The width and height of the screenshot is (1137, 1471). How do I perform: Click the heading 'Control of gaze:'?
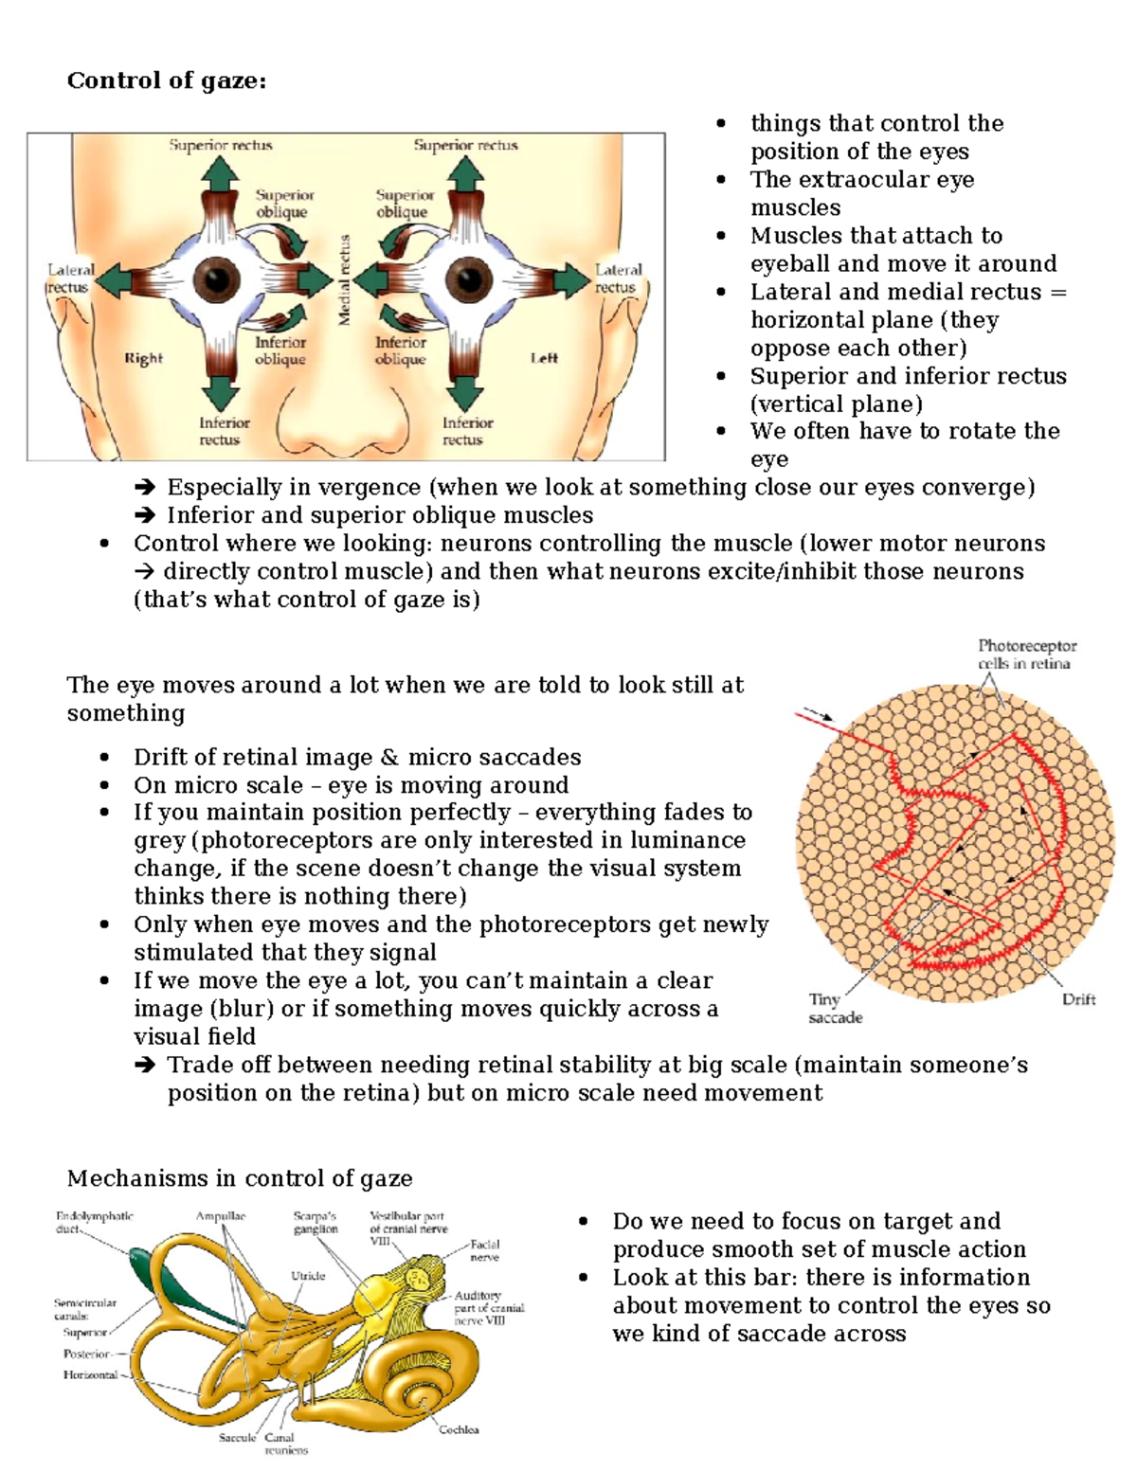tap(167, 81)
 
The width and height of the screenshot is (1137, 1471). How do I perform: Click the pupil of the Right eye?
tap(219, 280)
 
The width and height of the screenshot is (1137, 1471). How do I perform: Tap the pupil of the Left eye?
tap(467, 280)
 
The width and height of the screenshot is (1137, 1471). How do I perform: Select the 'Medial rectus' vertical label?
tap(345, 280)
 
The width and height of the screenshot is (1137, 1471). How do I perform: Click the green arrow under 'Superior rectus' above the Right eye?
tap(220, 174)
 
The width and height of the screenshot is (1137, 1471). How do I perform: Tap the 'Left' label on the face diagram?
tap(544, 358)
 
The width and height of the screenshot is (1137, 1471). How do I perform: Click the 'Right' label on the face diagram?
tap(143, 358)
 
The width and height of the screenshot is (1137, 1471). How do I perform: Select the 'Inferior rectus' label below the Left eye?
tap(467, 431)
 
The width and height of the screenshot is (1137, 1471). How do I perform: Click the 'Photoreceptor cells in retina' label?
tap(1026, 655)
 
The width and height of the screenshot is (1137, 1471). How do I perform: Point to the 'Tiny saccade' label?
tap(834, 1009)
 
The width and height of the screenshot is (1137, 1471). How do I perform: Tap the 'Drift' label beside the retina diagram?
tap(1078, 999)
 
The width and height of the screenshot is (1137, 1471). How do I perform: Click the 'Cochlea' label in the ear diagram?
tap(459, 1429)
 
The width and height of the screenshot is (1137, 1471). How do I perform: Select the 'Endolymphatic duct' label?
tap(94, 1222)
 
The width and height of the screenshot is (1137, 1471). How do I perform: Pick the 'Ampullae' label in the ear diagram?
tap(221, 1216)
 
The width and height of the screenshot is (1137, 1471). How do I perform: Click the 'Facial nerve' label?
tap(484, 1250)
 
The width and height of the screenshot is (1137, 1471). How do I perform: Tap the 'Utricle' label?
tap(308, 1276)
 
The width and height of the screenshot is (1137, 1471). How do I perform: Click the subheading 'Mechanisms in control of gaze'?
tap(240, 1178)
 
